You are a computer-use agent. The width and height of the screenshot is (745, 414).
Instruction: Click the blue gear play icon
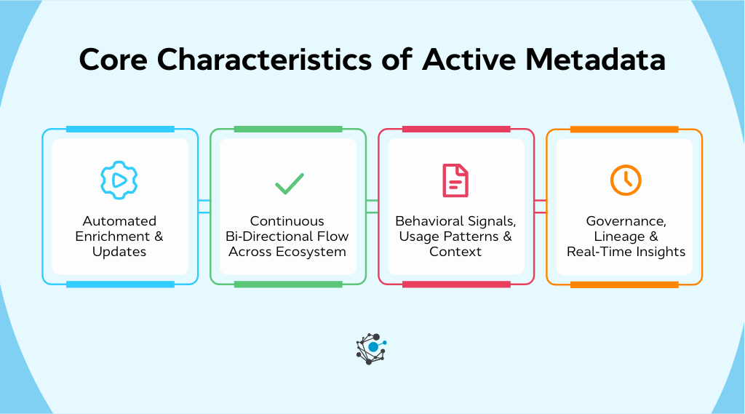click(119, 180)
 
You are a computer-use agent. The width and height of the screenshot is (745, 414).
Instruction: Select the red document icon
click(456, 180)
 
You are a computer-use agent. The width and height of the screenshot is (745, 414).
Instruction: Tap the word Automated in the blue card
click(119, 220)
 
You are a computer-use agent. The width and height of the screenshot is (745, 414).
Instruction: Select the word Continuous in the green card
click(287, 220)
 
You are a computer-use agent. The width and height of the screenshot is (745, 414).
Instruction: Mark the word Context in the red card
click(455, 252)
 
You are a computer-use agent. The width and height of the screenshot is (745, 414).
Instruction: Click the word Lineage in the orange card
click(615, 236)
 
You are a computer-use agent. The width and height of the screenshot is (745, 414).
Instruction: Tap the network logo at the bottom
click(372, 349)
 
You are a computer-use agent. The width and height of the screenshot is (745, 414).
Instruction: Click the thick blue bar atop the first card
click(120, 129)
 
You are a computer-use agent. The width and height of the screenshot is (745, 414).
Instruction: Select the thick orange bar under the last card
click(624, 284)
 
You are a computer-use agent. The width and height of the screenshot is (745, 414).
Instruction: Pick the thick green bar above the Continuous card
click(288, 129)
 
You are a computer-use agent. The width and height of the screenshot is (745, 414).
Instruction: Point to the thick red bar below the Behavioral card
click(456, 284)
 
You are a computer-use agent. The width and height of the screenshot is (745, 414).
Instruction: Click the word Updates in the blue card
click(119, 252)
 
